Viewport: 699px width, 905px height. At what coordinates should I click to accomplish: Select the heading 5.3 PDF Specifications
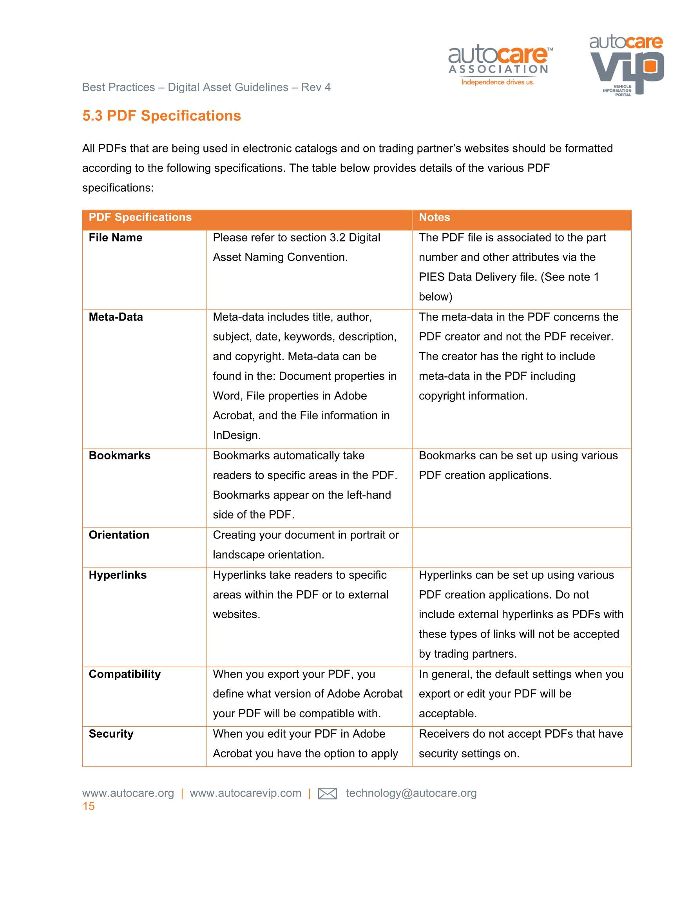[x=161, y=116]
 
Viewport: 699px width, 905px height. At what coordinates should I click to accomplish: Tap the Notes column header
[x=434, y=218]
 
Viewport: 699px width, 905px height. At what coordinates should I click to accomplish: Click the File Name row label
[x=116, y=238]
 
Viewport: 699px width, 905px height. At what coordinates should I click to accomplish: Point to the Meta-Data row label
[x=116, y=317]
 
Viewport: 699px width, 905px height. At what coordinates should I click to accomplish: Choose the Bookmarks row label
[x=120, y=455]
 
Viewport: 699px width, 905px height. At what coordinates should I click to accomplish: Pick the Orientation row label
[x=119, y=535]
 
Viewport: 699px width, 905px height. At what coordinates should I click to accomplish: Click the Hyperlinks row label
[x=118, y=575]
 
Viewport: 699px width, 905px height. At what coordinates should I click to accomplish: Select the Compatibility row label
[x=125, y=674]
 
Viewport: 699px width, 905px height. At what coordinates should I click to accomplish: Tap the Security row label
[x=111, y=734]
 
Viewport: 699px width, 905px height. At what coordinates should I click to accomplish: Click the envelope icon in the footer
[x=327, y=794]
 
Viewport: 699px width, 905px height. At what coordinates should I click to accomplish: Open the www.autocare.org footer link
[x=128, y=793]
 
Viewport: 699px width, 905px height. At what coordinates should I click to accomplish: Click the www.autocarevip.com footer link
[x=245, y=793]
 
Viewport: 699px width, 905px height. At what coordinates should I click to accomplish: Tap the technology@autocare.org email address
[x=411, y=793]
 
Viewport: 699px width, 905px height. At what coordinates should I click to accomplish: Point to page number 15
[x=89, y=806]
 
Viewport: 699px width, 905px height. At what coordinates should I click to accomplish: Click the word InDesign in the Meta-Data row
[x=236, y=435]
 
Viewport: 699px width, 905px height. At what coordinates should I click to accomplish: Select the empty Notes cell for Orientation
[x=522, y=548]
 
